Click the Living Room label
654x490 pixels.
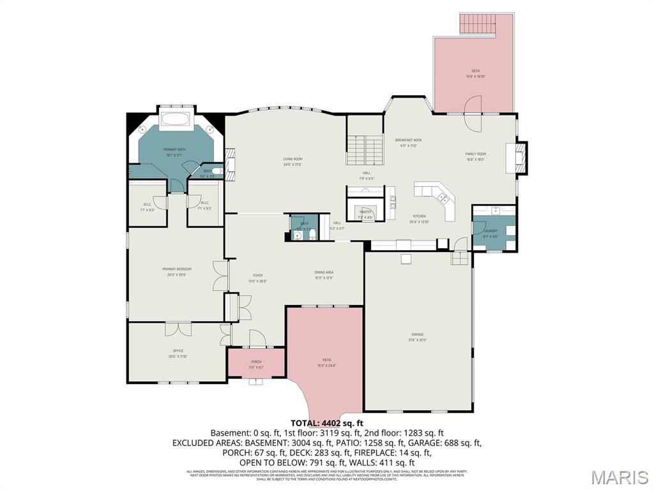coord(293,159)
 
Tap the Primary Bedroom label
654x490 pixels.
coord(177,269)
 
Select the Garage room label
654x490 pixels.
coord(418,334)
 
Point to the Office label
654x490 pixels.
coord(178,350)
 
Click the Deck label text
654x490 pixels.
coord(476,71)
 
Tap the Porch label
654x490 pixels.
coord(256,362)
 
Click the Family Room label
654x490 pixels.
coord(476,154)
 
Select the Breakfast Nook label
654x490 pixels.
coord(408,140)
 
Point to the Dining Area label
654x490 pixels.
coord(324,272)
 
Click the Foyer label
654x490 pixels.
coord(258,276)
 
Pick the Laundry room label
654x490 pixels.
coord(490,231)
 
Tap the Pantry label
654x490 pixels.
coord(365,211)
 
